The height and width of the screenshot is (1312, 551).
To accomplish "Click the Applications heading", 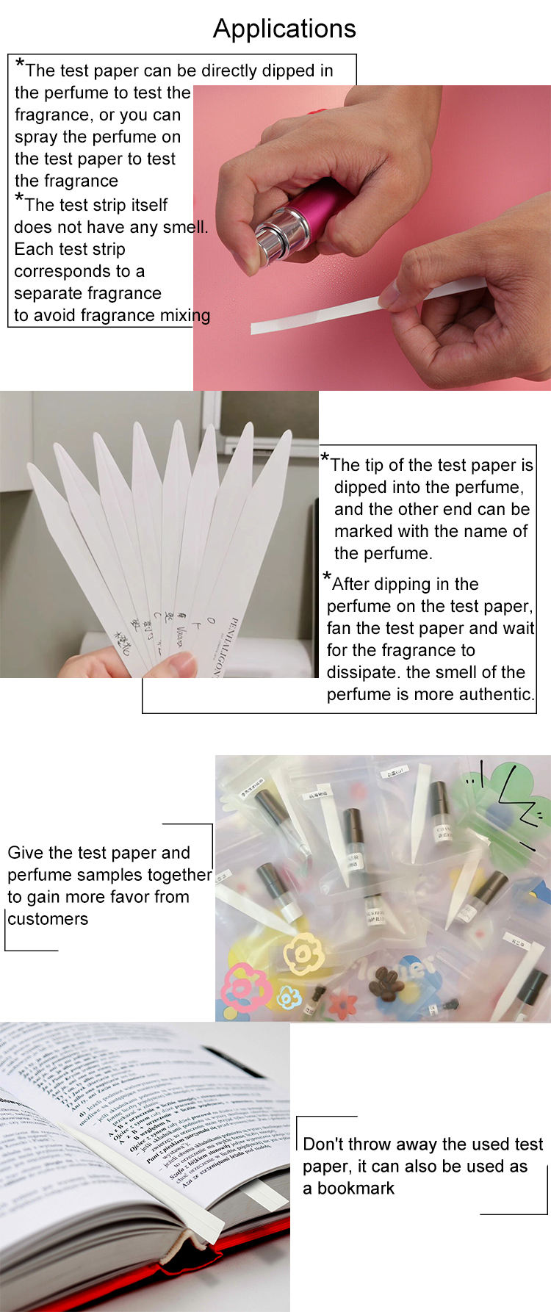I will point(284,29).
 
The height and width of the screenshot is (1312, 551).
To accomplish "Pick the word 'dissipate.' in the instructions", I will point(363,672).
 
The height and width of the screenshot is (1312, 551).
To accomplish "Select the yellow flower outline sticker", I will point(303,954).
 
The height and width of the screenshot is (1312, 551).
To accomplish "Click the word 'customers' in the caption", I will point(48,919).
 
